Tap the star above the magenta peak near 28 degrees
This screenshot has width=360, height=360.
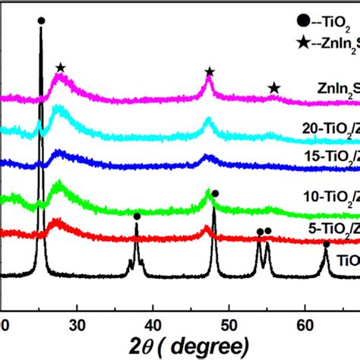point(60,69)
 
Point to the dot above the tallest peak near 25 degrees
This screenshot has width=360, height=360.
point(41,21)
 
